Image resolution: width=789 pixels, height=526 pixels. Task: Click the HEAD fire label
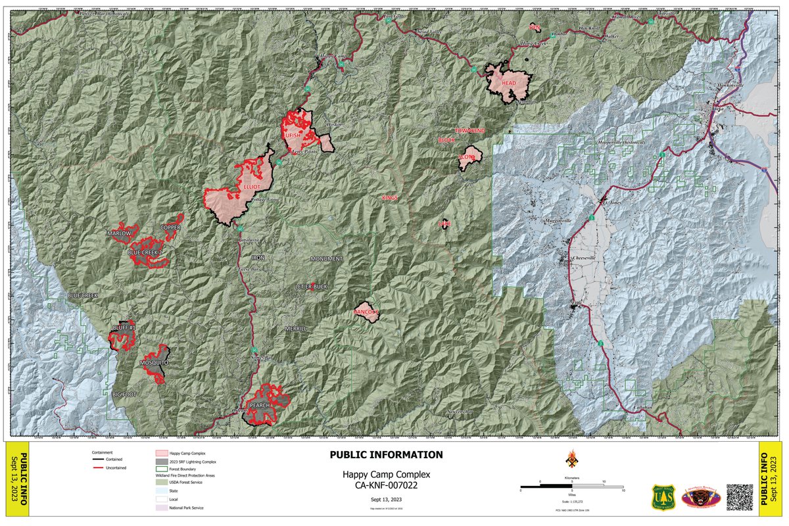[x=509, y=84]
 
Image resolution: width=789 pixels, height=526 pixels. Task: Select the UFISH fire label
[x=293, y=135]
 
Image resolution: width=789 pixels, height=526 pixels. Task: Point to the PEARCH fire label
[x=260, y=405]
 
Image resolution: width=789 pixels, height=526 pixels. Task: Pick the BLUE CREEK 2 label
[x=145, y=252]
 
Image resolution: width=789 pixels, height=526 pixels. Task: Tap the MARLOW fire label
[x=119, y=233]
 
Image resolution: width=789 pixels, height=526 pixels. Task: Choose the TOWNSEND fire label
[x=469, y=131]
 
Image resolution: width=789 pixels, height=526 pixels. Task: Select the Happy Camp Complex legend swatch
[x=159, y=454]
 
